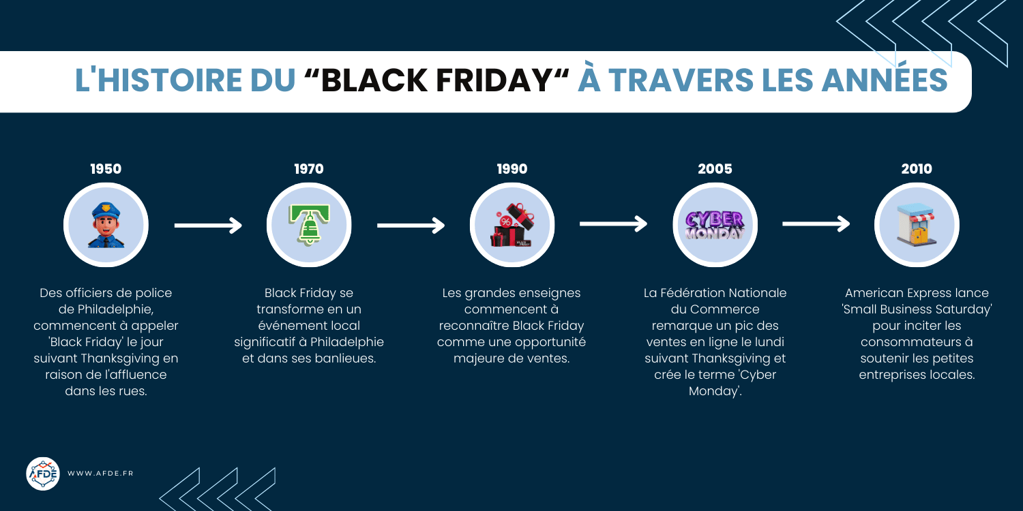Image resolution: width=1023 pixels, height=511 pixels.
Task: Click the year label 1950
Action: [106, 169]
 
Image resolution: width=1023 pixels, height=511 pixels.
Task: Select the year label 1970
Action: [309, 169]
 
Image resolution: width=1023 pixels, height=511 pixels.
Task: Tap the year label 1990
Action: [512, 169]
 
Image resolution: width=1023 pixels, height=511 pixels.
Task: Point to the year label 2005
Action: [715, 169]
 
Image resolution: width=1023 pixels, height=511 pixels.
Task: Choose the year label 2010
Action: [917, 169]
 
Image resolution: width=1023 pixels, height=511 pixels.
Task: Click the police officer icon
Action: [106, 225]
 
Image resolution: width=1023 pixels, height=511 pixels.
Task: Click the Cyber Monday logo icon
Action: [715, 225]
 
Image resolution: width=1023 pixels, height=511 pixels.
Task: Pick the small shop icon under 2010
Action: [917, 225]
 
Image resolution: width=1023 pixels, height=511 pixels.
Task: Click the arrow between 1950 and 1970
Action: [208, 225]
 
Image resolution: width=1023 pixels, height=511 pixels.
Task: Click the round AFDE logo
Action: [43, 474]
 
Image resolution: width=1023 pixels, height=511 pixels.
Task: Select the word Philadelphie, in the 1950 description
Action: [121, 309]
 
